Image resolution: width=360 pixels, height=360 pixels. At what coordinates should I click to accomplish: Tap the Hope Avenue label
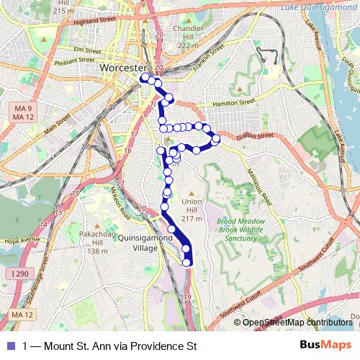pos(20,240)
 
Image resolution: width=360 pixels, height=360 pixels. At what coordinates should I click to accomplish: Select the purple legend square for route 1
pos(9,346)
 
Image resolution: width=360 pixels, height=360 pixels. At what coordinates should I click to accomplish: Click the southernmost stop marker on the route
pos(187,262)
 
